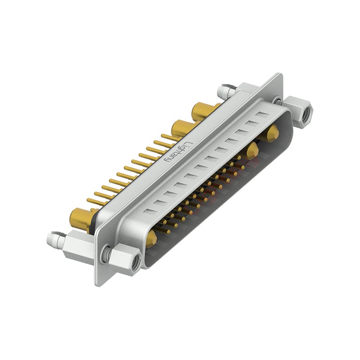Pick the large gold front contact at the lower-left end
coord(152,238)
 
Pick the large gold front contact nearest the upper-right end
coord(272,134)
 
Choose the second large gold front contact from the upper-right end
coord(252,151)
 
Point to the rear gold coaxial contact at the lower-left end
coord(80,219)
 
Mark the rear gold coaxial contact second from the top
coord(182,128)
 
